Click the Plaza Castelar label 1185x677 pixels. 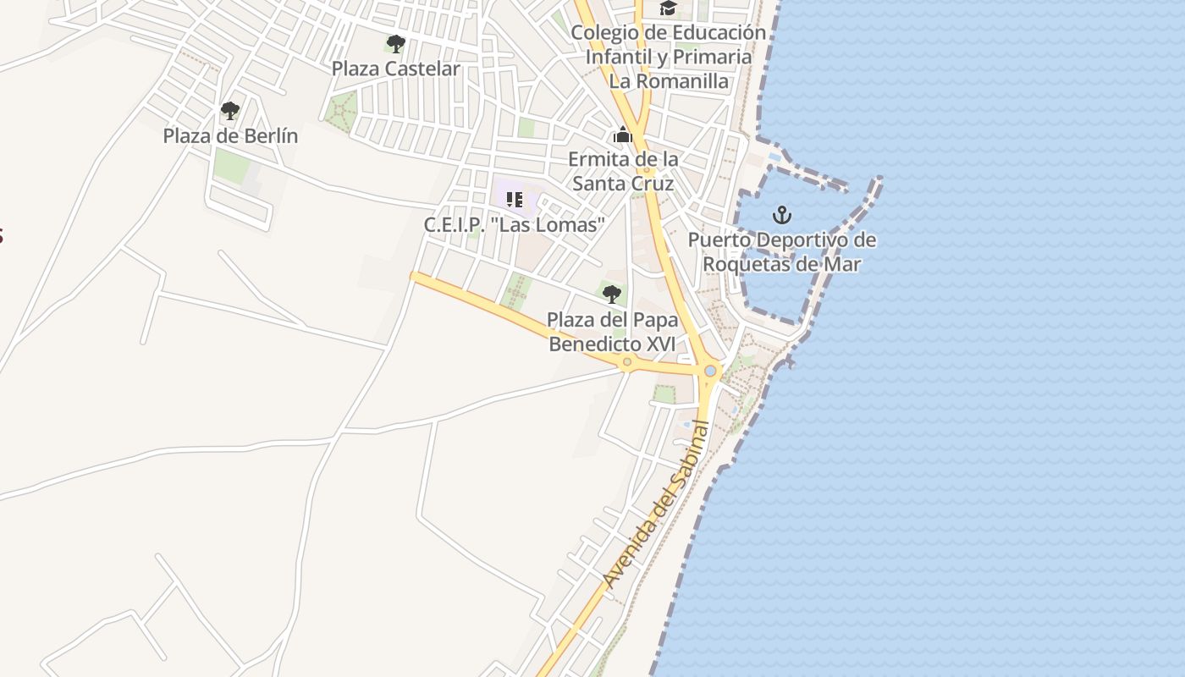(x=395, y=69)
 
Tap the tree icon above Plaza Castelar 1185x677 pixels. (x=395, y=43)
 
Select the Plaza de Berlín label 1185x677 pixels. (x=230, y=135)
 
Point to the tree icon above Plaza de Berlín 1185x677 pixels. (x=229, y=110)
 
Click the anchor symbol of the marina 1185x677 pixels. (x=782, y=214)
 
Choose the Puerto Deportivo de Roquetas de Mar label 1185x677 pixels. (x=781, y=252)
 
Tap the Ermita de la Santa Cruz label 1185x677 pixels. (x=623, y=172)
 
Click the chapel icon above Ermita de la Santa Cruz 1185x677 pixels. (x=623, y=135)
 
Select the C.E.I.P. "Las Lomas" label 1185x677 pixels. (x=515, y=225)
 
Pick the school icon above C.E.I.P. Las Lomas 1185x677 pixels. (x=514, y=200)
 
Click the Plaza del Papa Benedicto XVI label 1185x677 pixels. (x=612, y=333)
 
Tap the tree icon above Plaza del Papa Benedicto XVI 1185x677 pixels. (x=611, y=294)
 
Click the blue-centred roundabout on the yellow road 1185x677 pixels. (x=710, y=371)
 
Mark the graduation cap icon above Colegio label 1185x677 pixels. (x=669, y=8)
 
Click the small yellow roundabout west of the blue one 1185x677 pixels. (x=627, y=362)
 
